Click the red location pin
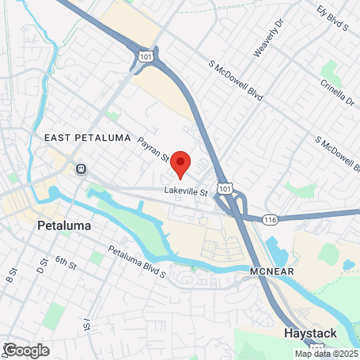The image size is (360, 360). pyautogui.click(x=180, y=162)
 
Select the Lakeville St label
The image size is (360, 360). pyautogui.click(x=185, y=191)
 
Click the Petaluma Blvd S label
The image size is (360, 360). pyautogui.click(x=136, y=263)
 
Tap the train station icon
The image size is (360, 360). pyautogui.click(x=80, y=169)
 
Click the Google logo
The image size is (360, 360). pyautogui.click(x=26, y=351)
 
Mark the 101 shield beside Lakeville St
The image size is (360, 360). pyautogui.click(x=225, y=188)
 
